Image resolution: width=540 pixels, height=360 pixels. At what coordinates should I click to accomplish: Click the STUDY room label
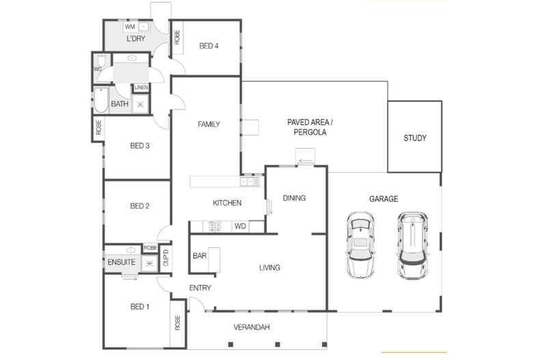coord(414,138)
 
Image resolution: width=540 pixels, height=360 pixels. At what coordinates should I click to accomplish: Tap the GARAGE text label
coord(384,199)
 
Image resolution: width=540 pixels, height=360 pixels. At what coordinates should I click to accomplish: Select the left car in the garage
coord(362,245)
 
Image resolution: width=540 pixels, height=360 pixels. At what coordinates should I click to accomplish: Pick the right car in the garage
coord(413,245)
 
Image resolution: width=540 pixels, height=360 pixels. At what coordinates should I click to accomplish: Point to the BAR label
coord(200,256)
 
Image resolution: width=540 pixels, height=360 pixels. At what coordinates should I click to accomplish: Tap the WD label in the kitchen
coord(240,225)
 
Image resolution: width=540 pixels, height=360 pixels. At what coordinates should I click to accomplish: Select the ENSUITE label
coord(121,262)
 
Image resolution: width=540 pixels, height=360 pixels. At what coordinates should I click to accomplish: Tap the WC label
coord(98,68)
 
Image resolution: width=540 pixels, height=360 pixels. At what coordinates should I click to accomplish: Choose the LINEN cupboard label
coord(141,87)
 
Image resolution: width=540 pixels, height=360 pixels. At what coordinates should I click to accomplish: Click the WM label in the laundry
coord(129,27)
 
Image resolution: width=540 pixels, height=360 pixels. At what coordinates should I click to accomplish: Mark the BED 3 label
coord(139,146)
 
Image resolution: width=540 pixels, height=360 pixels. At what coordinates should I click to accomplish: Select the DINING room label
coord(294,198)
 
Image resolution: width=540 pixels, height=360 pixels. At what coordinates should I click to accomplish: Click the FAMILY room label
coord(208,124)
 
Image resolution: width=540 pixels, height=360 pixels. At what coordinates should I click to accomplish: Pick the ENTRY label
coord(200,288)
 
